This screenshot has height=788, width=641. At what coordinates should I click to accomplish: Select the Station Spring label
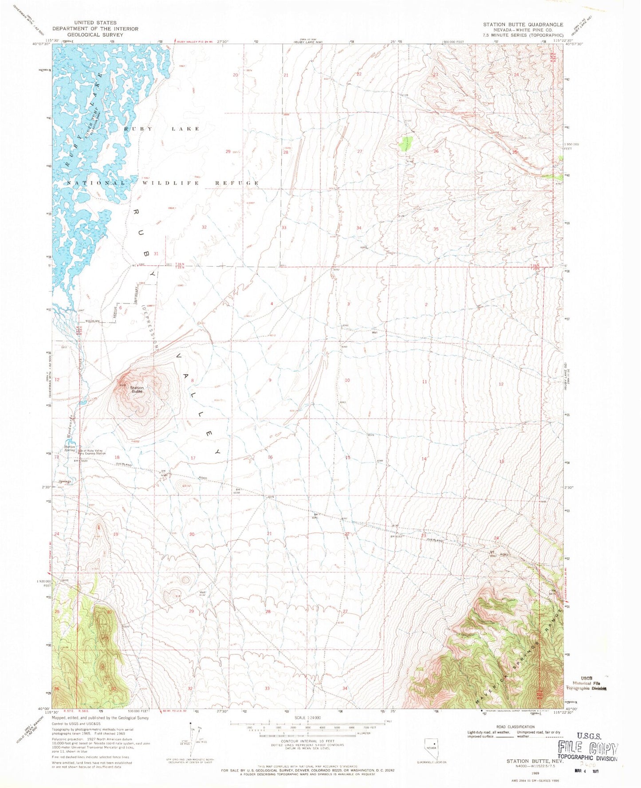[x=70, y=448]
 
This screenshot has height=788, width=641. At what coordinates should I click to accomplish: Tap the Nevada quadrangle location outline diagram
[x=431, y=750]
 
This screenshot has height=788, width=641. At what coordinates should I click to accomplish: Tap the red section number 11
[x=425, y=381]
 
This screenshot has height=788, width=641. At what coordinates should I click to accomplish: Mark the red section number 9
[x=270, y=380]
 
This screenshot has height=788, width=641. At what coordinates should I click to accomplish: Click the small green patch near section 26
[x=406, y=143]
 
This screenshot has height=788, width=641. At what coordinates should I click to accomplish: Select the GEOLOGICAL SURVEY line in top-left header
[x=95, y=35]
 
